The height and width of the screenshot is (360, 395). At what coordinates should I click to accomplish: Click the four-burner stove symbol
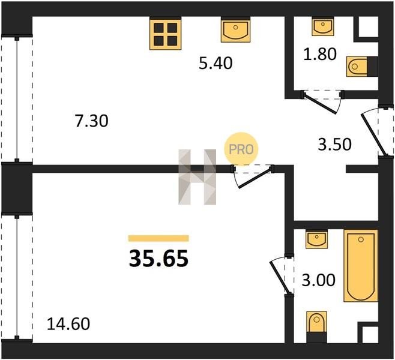coord(165,34)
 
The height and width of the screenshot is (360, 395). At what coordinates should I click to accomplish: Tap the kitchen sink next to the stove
coord(235,31)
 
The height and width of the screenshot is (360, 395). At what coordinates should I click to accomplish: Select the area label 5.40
coord(216,63)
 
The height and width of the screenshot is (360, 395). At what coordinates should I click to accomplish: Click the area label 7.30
coord(92,121)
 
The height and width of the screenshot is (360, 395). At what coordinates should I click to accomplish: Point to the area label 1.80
coord(320,54)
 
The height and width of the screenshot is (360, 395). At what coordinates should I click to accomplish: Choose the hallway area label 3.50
coord(334,145)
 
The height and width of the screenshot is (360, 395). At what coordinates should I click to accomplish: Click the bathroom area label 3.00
coord(318,280)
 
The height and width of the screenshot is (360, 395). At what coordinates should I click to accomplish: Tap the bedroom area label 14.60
coord(68,324)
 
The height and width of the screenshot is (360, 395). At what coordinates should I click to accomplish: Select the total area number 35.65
coord(158,259)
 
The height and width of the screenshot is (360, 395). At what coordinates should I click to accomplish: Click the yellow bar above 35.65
coord(158,238)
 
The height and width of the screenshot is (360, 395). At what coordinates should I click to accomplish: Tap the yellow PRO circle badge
coord(241,149)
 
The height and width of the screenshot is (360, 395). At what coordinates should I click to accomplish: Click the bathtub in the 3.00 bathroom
coord(361,266)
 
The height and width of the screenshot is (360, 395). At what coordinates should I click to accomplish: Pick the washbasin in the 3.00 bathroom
coord(316,240)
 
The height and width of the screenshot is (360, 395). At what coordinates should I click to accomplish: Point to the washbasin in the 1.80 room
coord(323,28)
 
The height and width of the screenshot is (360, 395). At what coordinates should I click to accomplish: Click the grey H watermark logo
coord(197,177)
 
